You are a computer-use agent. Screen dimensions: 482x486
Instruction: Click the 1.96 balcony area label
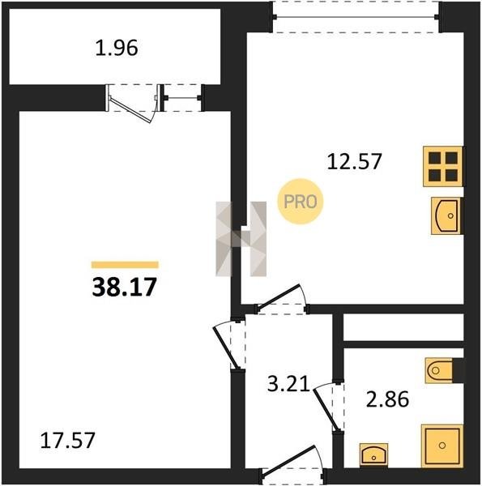117,49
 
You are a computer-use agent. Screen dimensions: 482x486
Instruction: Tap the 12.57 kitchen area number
354,161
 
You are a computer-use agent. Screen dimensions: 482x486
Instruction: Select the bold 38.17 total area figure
124,287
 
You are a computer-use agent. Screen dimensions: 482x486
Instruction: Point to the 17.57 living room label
67,441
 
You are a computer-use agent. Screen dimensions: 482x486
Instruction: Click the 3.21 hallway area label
288,383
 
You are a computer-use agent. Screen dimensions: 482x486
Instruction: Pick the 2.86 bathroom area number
387,399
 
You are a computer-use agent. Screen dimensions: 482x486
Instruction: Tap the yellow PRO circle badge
301,202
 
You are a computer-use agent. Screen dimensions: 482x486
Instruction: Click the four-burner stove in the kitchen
443,166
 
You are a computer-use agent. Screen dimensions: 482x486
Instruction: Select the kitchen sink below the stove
446,215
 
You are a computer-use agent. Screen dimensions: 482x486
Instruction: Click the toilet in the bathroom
444,370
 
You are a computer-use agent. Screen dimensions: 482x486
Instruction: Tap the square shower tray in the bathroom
442,446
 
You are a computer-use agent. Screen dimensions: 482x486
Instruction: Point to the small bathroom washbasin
373,454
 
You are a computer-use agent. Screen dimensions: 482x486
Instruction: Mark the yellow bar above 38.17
125,265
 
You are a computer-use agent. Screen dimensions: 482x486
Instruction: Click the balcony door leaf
130,109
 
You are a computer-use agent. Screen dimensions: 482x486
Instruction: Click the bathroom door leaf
325,409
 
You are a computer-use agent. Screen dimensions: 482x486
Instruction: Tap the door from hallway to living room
225,347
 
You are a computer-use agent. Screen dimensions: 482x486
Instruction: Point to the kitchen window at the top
356,17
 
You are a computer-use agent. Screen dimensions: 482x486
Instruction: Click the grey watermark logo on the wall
241,239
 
